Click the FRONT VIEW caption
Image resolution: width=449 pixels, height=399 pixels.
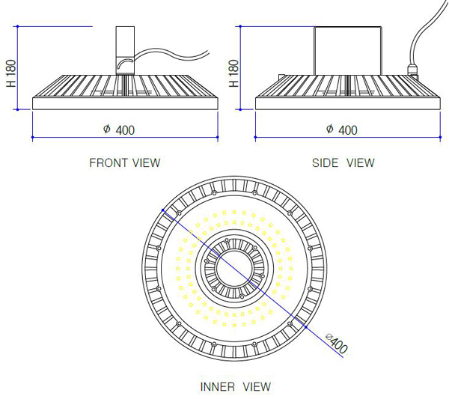[x=125, y=162]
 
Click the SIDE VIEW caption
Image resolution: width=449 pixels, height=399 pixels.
[x=343, y=162]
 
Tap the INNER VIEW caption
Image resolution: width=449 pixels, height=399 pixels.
[x=236, y=387]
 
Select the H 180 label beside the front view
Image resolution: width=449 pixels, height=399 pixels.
[x=11, y=73]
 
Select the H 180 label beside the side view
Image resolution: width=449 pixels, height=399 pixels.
[x=233, y=73]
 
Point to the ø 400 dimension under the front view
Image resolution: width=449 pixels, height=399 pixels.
[x=119, y=130]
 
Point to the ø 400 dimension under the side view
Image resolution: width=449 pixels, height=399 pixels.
[x=342, y=130]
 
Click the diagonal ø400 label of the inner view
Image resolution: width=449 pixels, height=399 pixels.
[x=337, y=343]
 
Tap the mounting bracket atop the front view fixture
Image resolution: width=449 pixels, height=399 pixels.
[x=125, y=51]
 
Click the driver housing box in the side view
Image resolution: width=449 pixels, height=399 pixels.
[x=348, y=51]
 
